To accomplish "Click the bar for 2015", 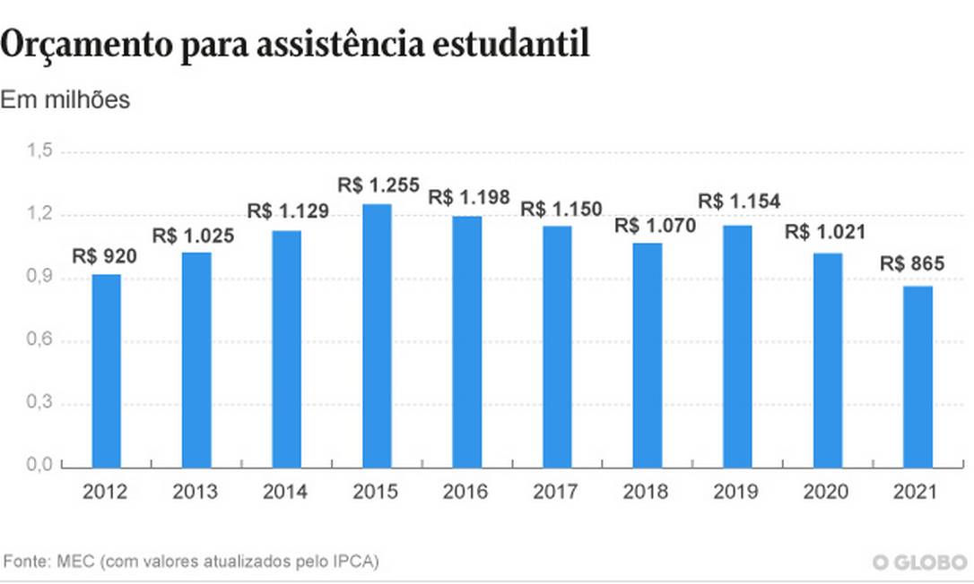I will click(x=377, y=336).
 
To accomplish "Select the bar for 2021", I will click(x=917, y=376).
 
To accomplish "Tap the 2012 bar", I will click(x=106, y=371).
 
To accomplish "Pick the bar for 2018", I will click(x=647, y=355).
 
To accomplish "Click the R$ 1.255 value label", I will click(x=378, y=185).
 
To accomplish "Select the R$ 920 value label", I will click(x=106, y=257).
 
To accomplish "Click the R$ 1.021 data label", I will click(x=827, y=232).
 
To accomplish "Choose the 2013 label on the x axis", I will click(x=196, y=492).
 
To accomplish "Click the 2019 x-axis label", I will click(x=736, y=492).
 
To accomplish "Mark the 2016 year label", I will click(x=466, y=492).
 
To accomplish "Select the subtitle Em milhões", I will click(x=65, y=100).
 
